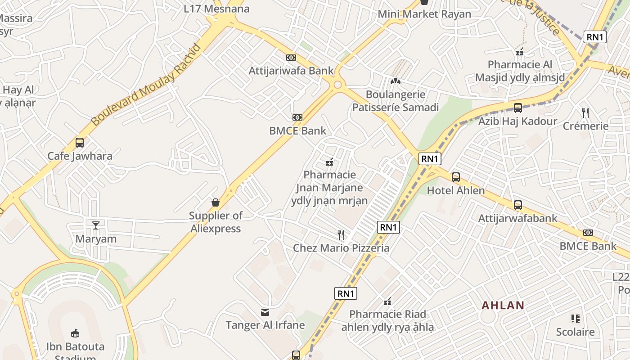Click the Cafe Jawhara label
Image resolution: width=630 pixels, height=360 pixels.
point(80,156)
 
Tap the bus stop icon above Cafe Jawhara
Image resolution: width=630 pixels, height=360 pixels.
point(80,143)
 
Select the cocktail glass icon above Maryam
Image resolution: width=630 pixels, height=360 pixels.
point(96,225)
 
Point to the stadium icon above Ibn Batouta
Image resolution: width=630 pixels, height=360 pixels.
point(75,333)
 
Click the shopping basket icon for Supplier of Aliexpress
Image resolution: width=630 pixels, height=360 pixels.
point(216,202)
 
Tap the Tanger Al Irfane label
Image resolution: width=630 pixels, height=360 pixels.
point(265,325)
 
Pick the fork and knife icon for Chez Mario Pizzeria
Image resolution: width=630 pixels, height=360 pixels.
point(341,234)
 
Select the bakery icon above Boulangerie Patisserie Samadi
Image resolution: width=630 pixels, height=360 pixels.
point(395,81)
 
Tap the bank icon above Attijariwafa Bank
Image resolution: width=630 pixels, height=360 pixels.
point(291,58)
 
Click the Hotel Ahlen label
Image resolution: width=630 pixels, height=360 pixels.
point(456,190)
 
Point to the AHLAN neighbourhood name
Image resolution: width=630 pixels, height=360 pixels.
point(503,306)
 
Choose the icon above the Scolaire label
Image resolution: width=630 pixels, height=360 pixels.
point(575,319)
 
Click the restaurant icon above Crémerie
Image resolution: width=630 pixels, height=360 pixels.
point(585,112)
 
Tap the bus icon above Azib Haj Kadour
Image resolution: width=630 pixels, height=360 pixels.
point(518,108)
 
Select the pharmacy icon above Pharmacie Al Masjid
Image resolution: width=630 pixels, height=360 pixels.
point(520,52)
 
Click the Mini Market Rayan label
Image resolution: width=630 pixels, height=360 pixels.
point(424,14)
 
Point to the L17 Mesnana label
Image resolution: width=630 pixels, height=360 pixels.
point(217,9)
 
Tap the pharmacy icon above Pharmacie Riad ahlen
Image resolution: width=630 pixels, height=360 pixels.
point(387,301)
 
